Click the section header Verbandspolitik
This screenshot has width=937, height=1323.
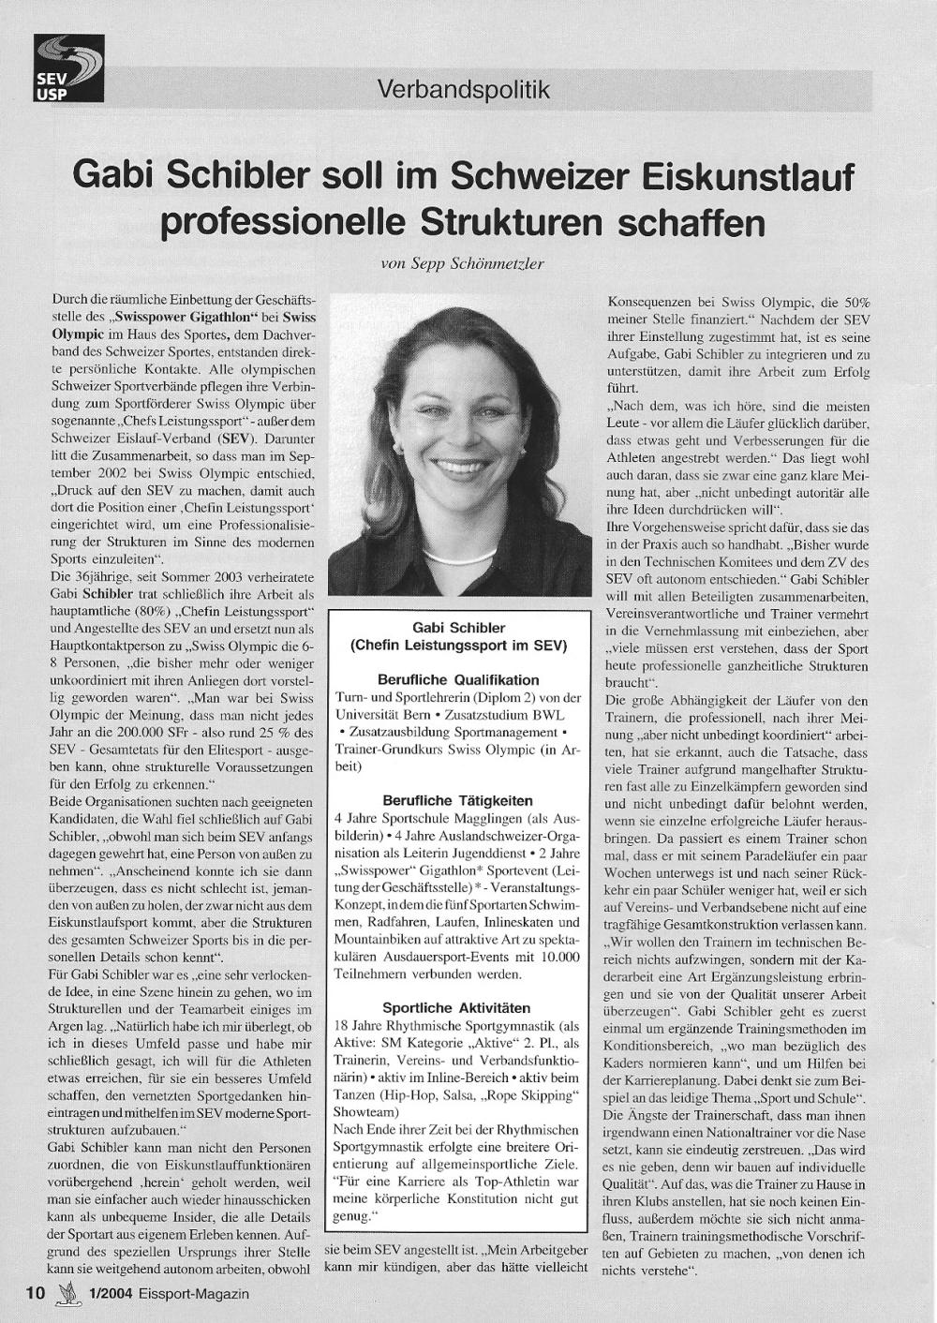pyautogui.click(x=463, y=90)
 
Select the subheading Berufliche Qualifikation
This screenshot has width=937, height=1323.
pyautogui.click(x=458, y=679)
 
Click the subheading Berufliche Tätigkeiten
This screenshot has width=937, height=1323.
pyautogui.click(x=458, y=800)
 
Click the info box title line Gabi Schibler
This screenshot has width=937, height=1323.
pyautogui.click(x=458, y=628)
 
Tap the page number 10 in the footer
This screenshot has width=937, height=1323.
pyautogui.click(x=36, y=1293)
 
